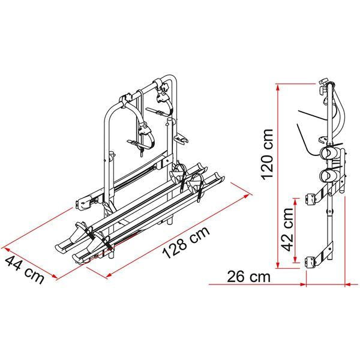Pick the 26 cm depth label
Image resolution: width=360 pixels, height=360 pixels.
(x=248, y=277)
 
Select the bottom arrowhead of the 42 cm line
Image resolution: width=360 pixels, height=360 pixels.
(x=294, y=263)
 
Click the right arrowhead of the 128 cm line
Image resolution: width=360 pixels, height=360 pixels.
(x=250, y=195)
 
